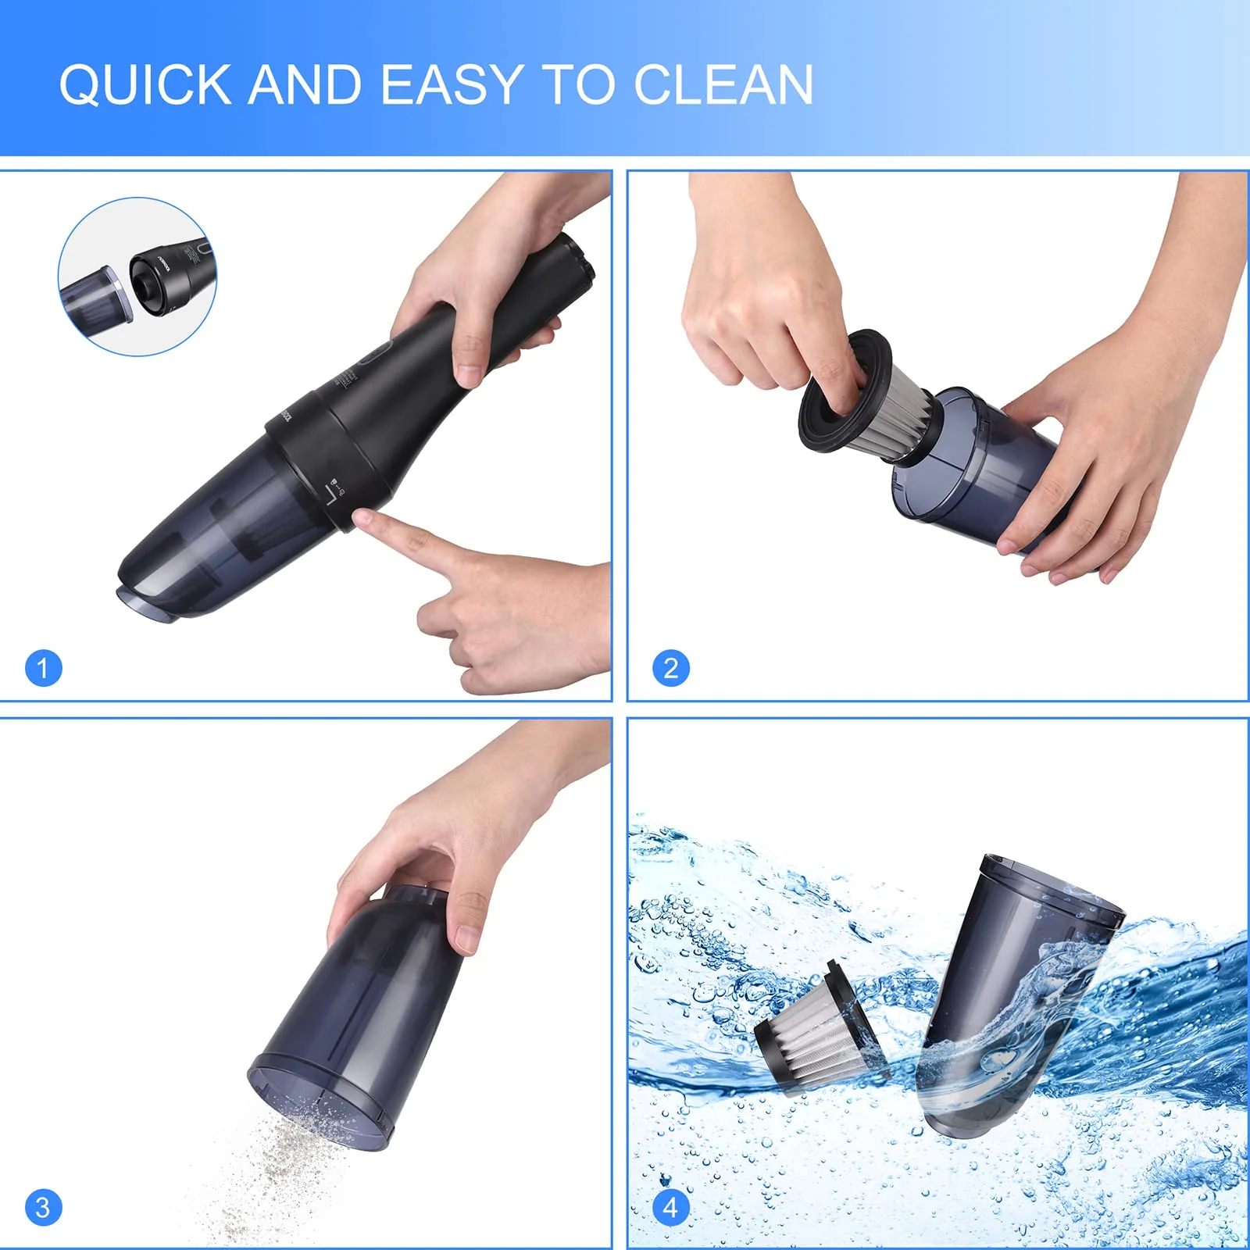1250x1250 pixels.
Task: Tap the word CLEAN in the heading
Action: [x=723, y=84]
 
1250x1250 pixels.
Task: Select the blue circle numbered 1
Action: [x=43, y=668]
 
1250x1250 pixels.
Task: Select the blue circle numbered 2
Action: [x=670, y=668]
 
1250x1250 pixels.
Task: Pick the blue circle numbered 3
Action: [x=43, y=1208]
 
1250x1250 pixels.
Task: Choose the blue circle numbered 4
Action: [x=670, y=1208]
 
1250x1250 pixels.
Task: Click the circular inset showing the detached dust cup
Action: [x=137, y=277]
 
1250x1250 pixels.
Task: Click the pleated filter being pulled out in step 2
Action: [x=898, y=414]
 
